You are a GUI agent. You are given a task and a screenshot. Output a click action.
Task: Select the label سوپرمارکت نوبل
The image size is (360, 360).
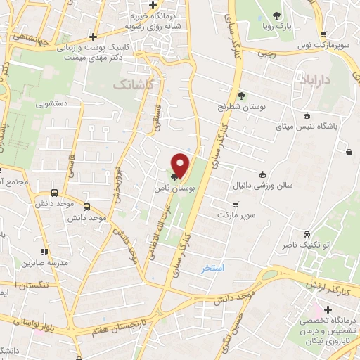pos(324,45)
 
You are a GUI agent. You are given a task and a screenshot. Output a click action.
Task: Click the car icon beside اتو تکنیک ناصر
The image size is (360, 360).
pos(306,234)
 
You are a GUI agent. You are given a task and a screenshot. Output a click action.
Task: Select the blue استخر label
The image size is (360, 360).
pos(212,268)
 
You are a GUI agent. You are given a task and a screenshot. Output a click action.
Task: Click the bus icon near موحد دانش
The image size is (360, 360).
pos(86,207)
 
